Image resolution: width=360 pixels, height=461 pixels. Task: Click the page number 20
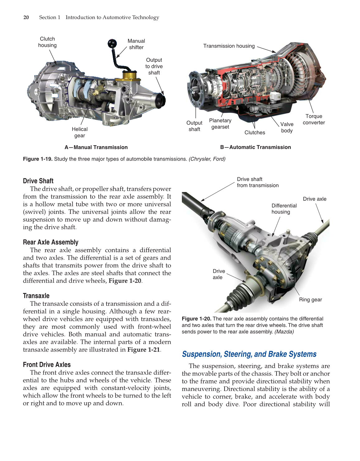(x=26, y=17)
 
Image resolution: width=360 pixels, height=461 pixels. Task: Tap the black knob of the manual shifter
(x=112, y=43)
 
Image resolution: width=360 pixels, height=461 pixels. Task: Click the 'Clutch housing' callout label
(x=47, y=42)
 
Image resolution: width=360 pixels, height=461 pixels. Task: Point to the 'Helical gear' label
(x=80, y=132)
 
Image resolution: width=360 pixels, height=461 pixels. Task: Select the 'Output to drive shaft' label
(x=154, y=66)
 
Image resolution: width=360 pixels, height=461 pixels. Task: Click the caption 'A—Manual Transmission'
(x=96, y=147)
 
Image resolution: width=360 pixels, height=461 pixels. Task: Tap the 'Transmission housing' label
(x=229, y=46)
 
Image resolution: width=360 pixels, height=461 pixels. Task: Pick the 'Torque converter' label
(x=314, y=119)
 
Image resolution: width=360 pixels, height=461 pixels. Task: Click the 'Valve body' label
(x=287, y=127)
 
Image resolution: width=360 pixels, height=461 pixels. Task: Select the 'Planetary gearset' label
(x=220, y=124)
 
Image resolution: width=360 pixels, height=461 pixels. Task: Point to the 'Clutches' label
(x=255, y=132)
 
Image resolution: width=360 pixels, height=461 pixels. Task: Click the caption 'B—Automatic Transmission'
(x=255, y=147)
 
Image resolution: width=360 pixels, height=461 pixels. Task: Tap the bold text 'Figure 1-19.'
(x=38, y=159)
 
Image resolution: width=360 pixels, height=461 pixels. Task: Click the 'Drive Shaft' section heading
(x=38, y=181)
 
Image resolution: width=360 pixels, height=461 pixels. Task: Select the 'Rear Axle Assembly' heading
(x=50, y=242)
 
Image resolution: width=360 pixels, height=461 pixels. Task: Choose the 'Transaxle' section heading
(x=36, y=296)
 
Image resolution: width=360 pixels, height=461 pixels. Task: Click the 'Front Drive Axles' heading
(x=47, y=365)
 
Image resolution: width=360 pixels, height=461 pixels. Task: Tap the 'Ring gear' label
(x=310, y=300)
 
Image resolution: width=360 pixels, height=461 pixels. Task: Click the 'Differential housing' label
(x=284, y=209)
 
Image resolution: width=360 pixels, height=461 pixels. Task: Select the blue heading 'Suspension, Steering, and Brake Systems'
(x=249, y=354)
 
